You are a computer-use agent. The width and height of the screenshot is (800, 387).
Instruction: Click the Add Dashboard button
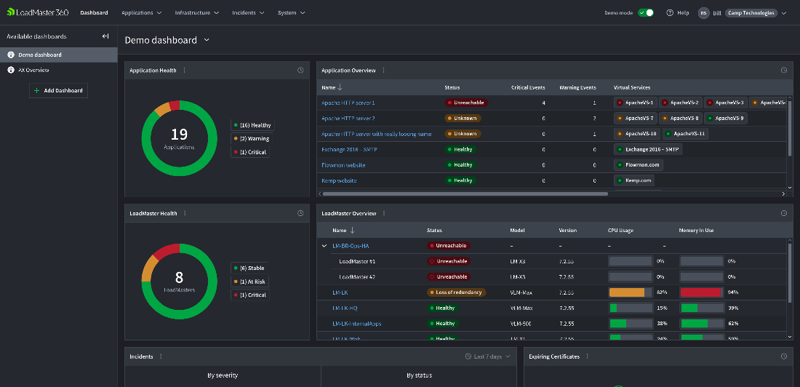(x=58, y=90)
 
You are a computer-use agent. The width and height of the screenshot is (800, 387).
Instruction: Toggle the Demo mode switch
(x=645, y=12)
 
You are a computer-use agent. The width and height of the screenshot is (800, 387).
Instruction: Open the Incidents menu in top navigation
(x=248, y=12)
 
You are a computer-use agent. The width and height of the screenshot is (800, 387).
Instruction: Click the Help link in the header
(x=678, y=12)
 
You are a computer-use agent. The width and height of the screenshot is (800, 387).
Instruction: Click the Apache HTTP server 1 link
(x=348, y=103)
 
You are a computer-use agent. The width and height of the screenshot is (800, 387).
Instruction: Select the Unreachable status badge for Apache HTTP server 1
(x=463, y=103)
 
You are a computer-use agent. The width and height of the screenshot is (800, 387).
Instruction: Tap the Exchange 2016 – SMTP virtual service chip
(x=648, y=149)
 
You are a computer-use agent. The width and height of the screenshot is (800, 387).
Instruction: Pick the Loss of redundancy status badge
(x=456, y=292)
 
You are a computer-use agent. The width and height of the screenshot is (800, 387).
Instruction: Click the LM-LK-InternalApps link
(x=358, y=324)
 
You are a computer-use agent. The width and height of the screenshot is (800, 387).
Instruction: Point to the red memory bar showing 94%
(x=701, y=292)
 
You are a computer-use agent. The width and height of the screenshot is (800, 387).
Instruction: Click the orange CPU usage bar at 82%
(x=627, y=292)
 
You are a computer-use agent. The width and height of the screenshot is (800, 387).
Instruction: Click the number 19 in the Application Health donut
(x=179, y=134)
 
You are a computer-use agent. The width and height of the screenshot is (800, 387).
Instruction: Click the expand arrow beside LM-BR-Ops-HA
(x=324, y=246)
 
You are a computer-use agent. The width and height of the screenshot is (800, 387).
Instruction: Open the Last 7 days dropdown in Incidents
(x=487, y=356)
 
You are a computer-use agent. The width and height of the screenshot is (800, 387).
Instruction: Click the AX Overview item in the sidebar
(x=33, y=70)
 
